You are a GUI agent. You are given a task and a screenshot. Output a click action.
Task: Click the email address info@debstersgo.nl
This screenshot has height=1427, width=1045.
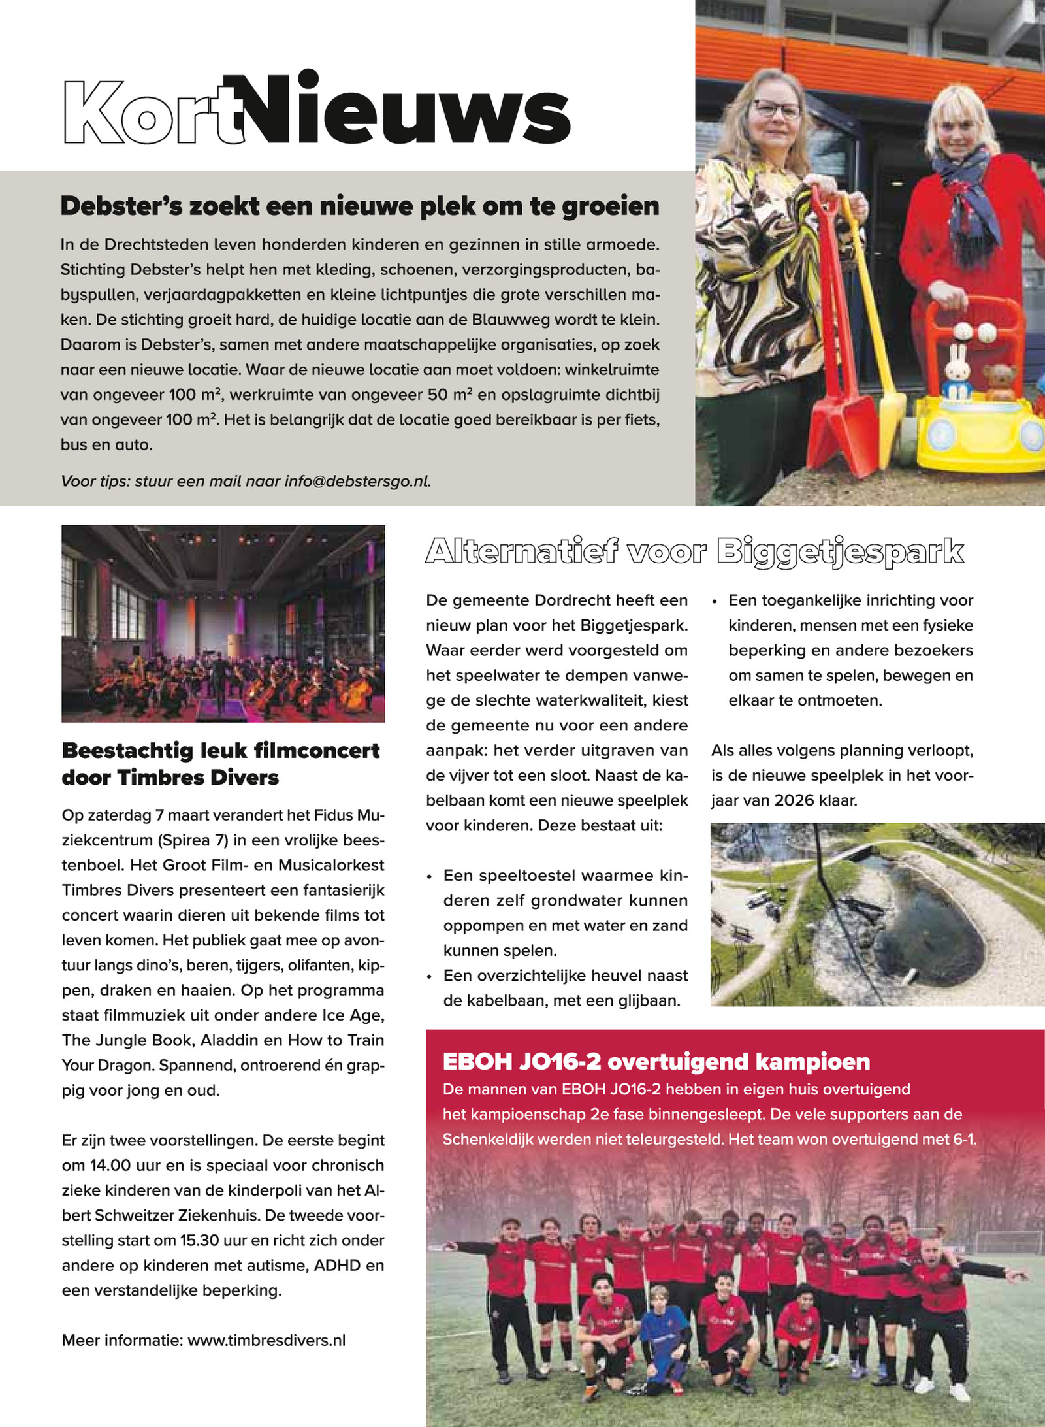point(357,482)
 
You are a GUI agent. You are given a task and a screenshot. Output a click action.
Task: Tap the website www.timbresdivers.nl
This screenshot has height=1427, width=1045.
point(266,1341)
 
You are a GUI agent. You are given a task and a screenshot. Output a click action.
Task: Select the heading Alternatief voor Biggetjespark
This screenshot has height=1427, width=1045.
point(694,552)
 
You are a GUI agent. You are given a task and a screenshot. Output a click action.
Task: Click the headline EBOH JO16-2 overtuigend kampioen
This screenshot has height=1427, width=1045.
point(656,1062)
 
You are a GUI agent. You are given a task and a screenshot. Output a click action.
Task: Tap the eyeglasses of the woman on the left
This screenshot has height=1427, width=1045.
point(777,108)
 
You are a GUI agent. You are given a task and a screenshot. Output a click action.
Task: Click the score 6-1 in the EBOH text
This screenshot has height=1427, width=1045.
point(964,1140)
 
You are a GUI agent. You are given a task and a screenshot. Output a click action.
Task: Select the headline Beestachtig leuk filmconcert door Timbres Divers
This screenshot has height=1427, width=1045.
point(221,764)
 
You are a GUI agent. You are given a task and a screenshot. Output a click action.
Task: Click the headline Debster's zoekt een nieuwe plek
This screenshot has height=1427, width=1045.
point(360,206)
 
